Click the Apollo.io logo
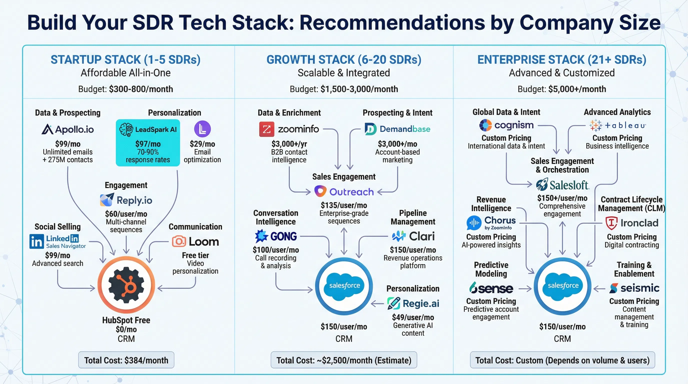[x=67, y=129]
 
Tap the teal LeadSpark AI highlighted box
[x=148, y=143]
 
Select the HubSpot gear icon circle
[x=126, y=285]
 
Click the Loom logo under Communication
[x=195, y=241]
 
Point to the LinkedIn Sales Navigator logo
[x=58, y=241]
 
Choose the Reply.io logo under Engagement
[x=126, y=200]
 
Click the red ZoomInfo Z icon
[x=266, y=129]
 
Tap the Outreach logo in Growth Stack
[x=344, y=192]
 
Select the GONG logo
[x=276, y=236]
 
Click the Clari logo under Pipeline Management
[x=413, y=236]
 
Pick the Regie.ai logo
[x=413, y=303]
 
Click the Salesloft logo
[x=562, y=185]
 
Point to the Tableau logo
[x=617, y=125]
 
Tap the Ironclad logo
[x=632, y=223]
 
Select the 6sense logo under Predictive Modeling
[x=491, y=288]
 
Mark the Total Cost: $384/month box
[x=126, y=360]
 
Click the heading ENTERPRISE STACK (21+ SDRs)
[x=562, y=59]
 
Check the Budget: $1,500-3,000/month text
[x=344, y=89]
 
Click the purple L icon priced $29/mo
[x=202, y=129]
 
